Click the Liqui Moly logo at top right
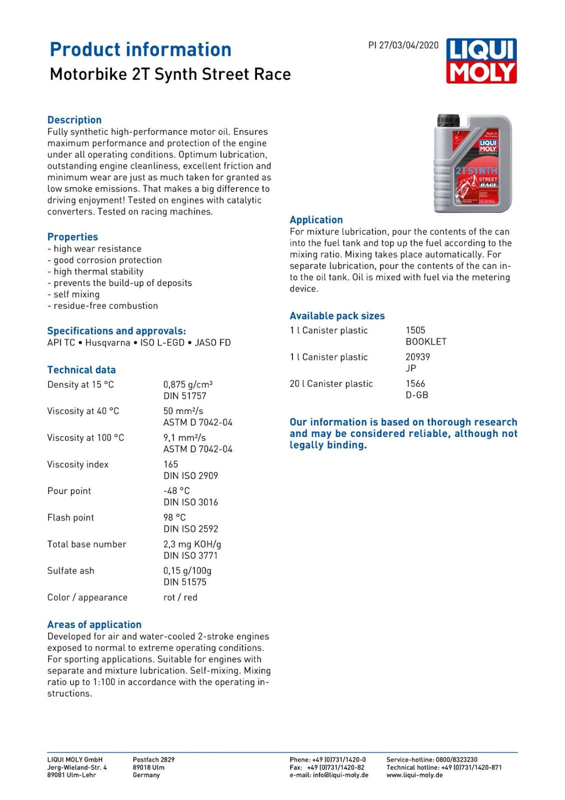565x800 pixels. [x=481, y=61]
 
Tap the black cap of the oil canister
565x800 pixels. [x=448, y=120]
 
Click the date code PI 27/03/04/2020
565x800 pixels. [x=403, y=45]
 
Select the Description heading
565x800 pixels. [x=74, y=120]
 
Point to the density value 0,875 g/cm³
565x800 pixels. [x=188, y=385]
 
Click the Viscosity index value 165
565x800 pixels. [x=171, y=465]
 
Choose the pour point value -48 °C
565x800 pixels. [x=177, y=491]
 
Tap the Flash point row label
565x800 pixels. [x=71, y=518]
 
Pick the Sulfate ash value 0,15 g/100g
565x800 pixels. [x=187, y=570]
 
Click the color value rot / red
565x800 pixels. [x=180, y=598]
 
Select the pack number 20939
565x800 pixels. [x=418, y=357]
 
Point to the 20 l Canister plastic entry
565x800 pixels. [x=331, y=384]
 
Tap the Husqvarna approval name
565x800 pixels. [x=108, y=343]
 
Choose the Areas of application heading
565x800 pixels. [x=94, y=625]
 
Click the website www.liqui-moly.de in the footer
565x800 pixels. [x=414, y=775]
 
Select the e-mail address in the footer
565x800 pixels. [x=329, y=775]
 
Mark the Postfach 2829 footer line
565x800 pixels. [x=153, y=760]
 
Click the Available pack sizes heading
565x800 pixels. [x=337, y=316]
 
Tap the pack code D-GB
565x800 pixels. [x=417, y=395]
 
